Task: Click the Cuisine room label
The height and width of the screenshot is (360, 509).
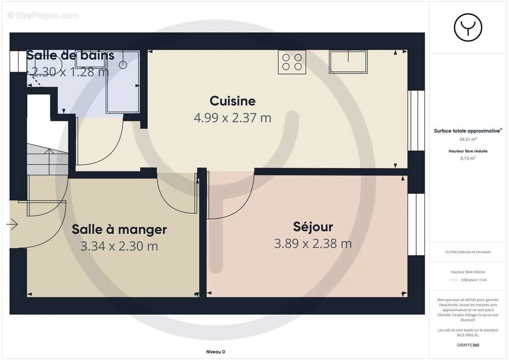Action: pyautogui.click(x=232, y=101)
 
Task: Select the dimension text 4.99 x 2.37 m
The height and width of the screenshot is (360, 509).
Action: pyautogui.click(x=232, y=118)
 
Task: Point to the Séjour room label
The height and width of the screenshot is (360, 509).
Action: pyautogui.click(x=313, y=226)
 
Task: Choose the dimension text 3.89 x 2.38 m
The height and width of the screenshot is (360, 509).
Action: pyautogui.click(x=313, y=243)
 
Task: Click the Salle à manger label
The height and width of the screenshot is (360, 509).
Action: pyautogui.click(x=119, y=229)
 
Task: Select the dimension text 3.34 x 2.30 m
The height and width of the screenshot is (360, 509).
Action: pyautogui.click(x=119, y=246)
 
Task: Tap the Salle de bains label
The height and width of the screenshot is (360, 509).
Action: pyautogui.click(x=70, y=55)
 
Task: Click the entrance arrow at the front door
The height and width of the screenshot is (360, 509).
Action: pyautogui.click(x=12, y=223)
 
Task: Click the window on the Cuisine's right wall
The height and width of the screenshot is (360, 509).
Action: pyautogui.click(x=416, y=120)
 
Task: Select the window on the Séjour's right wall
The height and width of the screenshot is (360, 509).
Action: pyautogui.click(x=416, y=224)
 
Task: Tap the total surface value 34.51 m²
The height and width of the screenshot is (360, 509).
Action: pyautogui.click(x=468, y=139)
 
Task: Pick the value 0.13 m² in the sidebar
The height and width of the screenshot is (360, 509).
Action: pyautogui.click(x=468, y=158)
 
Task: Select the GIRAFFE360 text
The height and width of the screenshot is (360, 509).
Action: pyautogui.click(x=468, y=345)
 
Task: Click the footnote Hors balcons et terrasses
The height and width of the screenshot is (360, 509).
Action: pyautogui.click(x=468, y=252)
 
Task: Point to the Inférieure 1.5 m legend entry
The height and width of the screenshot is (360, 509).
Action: pyautogui.click(x=473, y=280)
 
